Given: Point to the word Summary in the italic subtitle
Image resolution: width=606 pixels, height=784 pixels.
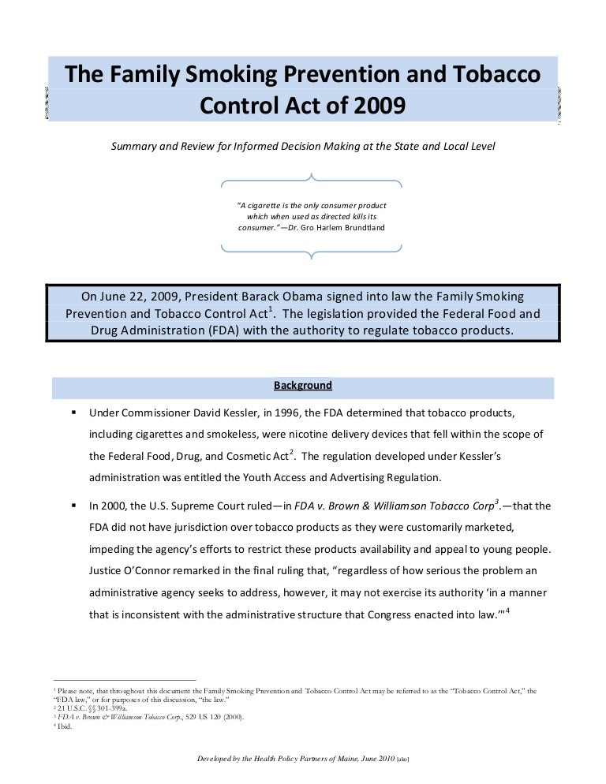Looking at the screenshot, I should point(137,147).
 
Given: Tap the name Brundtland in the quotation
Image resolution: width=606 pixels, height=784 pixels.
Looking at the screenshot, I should point(360,228).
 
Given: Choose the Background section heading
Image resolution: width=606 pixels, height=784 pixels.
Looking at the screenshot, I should point(303,386).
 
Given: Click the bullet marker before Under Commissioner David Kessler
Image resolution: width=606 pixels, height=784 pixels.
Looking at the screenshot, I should point(73,413).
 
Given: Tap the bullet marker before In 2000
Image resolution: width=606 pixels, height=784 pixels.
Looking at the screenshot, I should point(73,506).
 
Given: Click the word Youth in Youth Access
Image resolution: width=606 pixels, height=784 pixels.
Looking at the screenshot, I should point(271,477).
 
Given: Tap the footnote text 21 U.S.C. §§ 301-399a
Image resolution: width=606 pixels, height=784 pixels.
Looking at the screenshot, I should point(87,708).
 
